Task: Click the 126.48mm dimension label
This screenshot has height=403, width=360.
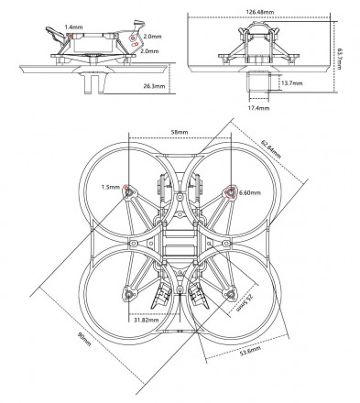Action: (259, 12)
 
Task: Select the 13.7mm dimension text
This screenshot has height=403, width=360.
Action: (292, 83)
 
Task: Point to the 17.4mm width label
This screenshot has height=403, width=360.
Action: (259, 108)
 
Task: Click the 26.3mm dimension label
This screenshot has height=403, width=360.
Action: (154, 86)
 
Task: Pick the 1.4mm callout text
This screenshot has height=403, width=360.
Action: (73, 27)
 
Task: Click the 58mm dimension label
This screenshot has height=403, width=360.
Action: (180, 132)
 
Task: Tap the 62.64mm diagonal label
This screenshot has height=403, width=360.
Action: (271, 149)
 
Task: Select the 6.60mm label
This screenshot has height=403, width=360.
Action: (250, 192)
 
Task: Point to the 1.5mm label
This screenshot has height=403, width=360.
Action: (111, 187)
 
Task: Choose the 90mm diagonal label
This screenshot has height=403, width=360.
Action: (84, 339)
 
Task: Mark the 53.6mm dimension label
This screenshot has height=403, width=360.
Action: (250, 351)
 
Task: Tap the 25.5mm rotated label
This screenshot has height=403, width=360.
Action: (245, 302)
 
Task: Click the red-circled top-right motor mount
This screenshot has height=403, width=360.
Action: (231, 192)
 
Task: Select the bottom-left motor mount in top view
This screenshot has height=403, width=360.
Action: (129, 294)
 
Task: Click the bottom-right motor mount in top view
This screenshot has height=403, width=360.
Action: (231, 294)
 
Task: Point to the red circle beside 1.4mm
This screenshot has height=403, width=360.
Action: (71, 36)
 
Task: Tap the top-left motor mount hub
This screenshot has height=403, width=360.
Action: (129, 191)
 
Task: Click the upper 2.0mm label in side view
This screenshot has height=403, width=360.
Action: (152, 37)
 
